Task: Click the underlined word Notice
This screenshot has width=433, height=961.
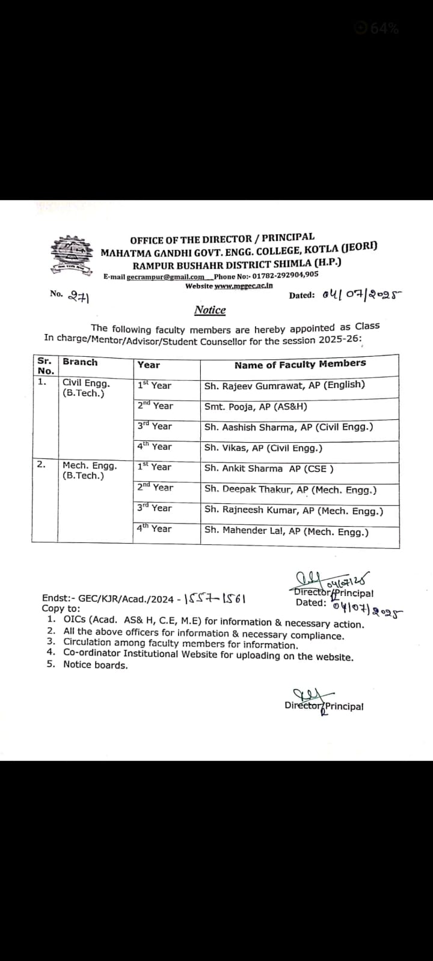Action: point(210,310)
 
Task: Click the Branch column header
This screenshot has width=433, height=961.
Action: point(80,362)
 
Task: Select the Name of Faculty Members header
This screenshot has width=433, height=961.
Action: point(299,364)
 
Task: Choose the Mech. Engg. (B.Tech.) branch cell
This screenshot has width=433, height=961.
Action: point(90,470)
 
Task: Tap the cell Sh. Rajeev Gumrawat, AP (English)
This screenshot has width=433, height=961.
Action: point(284,385)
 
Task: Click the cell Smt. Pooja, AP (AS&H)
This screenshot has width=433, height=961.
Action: point(256,406)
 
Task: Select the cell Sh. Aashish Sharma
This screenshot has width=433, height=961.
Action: point(288,427)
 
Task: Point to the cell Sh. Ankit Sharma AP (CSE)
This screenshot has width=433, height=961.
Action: point(269,468)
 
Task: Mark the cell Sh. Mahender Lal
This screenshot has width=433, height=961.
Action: point(286,531)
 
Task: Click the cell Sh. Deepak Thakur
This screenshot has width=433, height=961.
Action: point(290,490)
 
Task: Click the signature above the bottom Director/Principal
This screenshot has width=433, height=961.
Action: point(306,695)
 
